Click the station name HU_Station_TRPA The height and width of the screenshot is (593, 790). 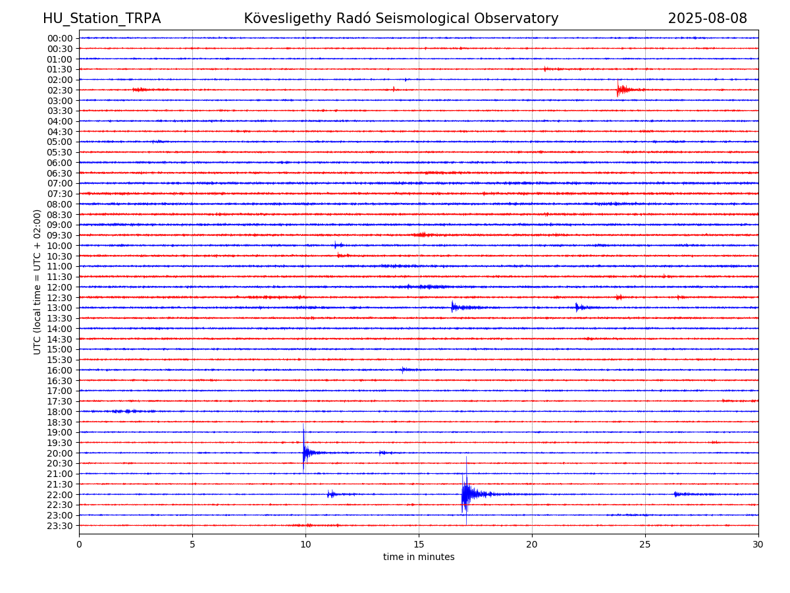point(102,18)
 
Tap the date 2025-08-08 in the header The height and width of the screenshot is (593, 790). point(707,18)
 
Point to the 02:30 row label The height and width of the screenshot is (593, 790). point(60,90)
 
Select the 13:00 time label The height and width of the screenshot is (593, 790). point(60,308)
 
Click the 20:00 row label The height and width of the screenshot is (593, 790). point(60,453)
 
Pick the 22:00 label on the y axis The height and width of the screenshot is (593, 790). point(60,495)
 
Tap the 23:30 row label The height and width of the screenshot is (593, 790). point(60,526)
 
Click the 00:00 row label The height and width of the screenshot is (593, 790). point(60,38)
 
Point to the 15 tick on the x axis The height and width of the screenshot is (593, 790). point(419,544)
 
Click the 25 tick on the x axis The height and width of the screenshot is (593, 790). point(645,544)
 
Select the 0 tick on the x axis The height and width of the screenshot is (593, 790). point(79,544)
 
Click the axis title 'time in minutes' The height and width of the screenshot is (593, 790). point(419,557)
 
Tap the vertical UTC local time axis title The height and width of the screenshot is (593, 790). point(37,282)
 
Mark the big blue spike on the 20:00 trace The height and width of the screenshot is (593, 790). point(303,448)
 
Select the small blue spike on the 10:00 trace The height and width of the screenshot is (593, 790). point(335,245)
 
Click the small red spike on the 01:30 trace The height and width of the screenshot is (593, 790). point(544,69)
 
